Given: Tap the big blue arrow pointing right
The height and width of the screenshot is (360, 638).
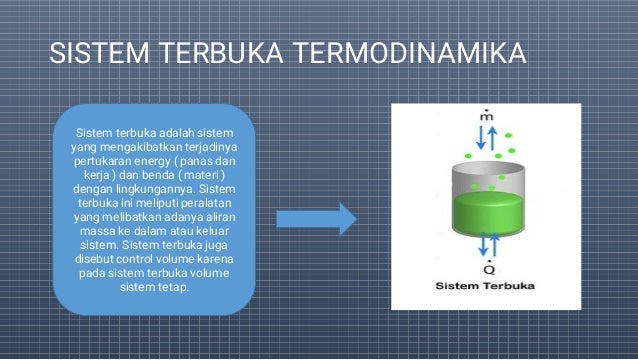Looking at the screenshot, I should tap(316, 219).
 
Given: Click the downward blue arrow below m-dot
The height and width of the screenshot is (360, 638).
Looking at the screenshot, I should tap(480, 138).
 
